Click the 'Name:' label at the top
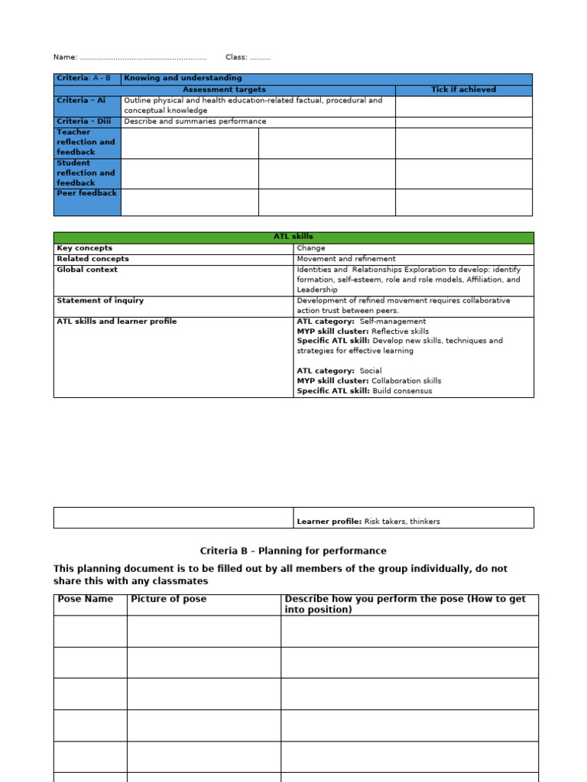(x=65, y=57)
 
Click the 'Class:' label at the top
(x=236, y=57)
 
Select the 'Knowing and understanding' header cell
(x=183, y=78)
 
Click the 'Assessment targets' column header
(x=224, y=89)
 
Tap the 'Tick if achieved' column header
(x=463, y=89)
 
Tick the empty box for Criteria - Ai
(x=463, y=105)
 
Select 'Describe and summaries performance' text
(x=195, y=121)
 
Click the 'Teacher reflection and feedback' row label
(x=86, y=142)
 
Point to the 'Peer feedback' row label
(x=86, y=193)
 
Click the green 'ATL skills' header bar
(x=293, y=237)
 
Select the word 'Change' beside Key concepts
(x=311, y=248)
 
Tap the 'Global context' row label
(x=87, y=270)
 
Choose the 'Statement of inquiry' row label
(x=99, y=301)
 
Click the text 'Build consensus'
(x=402, y=391)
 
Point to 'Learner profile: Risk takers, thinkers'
(x=368, y=522)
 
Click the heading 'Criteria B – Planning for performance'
(x=293, y=551)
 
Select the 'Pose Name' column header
(x=86, y=599)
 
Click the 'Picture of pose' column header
(x=168, y=599)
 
